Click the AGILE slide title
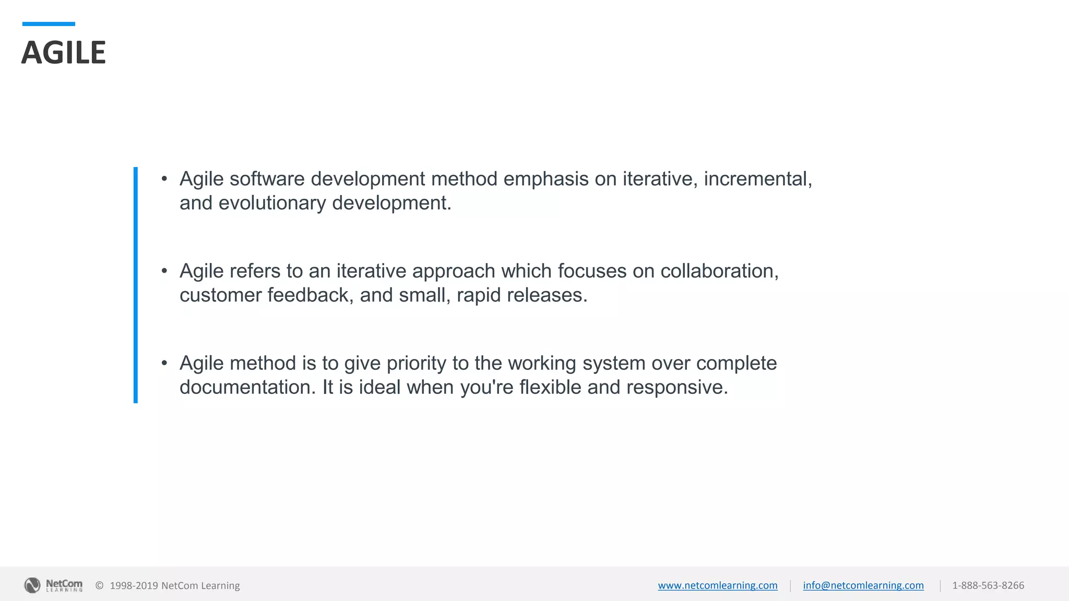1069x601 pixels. click(63, 53)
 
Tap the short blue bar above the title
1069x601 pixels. click(49, 24)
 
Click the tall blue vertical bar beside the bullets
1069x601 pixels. click(136, 285)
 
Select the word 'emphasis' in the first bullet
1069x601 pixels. click(545, 179)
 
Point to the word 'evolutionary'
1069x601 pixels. click(272, 203)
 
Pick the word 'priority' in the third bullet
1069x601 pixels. click(417, 364)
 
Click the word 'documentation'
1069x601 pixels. click(245, 388)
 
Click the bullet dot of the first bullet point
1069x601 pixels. click(164, 179)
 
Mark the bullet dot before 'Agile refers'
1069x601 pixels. click(164, 271)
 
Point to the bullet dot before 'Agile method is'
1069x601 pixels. click(164, 363)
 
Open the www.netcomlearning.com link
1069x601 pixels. click(717, 585)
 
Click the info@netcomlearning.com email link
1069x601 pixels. click(863, 585)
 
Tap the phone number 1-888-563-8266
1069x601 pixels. click(988, 585)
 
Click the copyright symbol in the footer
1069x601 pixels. click(99, 586)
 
